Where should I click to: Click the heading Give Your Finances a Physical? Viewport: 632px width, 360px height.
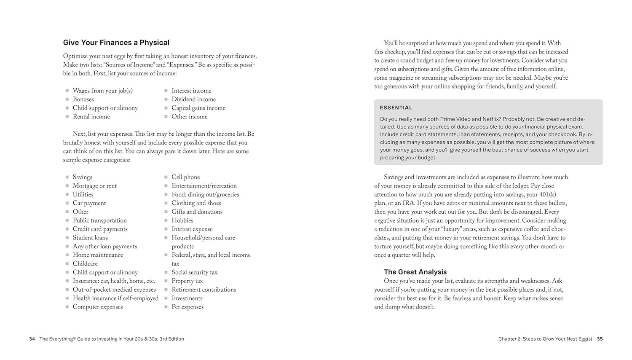coord(116,43)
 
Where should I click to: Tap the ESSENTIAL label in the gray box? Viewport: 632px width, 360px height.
coord(396,107)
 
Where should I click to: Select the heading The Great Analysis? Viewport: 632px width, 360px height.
coord(415,272)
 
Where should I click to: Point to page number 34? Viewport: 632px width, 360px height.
coord(32,339)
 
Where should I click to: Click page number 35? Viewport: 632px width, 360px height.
coord(600,339)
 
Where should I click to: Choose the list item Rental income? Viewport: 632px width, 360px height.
coord(91,117)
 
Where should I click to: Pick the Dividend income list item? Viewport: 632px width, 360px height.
coord(193,99)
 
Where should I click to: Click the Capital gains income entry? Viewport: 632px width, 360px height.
coord(198,108)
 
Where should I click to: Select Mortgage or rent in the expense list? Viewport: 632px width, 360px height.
coord(94,186)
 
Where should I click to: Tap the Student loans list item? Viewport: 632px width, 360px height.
coord(90,238)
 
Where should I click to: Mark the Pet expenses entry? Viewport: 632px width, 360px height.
coord(187,307)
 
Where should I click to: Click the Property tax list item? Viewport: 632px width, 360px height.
coord(187,281)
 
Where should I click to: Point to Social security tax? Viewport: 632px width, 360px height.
coord(194,272)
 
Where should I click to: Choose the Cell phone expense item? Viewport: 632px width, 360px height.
coord(185,177)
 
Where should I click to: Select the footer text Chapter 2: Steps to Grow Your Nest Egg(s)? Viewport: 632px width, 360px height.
coord(545,339)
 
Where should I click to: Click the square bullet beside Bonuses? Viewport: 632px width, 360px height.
coord(67,99)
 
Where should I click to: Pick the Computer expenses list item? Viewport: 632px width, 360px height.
coord(98,307)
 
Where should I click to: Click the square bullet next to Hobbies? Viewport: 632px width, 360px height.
coord(166,220)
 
